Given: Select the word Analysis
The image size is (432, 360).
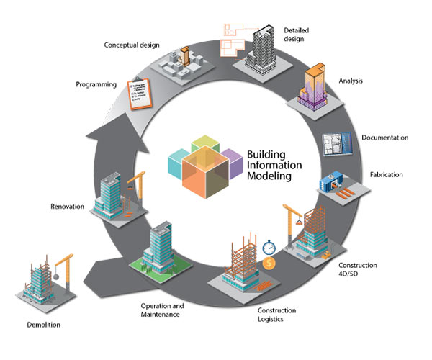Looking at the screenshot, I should (351, 81).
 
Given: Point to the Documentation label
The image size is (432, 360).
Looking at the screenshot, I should (384, 138).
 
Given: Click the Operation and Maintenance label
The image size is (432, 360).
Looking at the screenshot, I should (162, 310).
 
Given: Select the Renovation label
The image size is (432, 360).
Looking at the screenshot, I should (68, 207).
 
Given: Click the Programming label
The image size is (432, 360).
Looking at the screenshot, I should (96, 84).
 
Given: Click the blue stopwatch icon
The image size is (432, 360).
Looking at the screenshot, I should (269, 246).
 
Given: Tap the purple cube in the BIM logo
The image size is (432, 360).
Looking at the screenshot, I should (230, 158).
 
